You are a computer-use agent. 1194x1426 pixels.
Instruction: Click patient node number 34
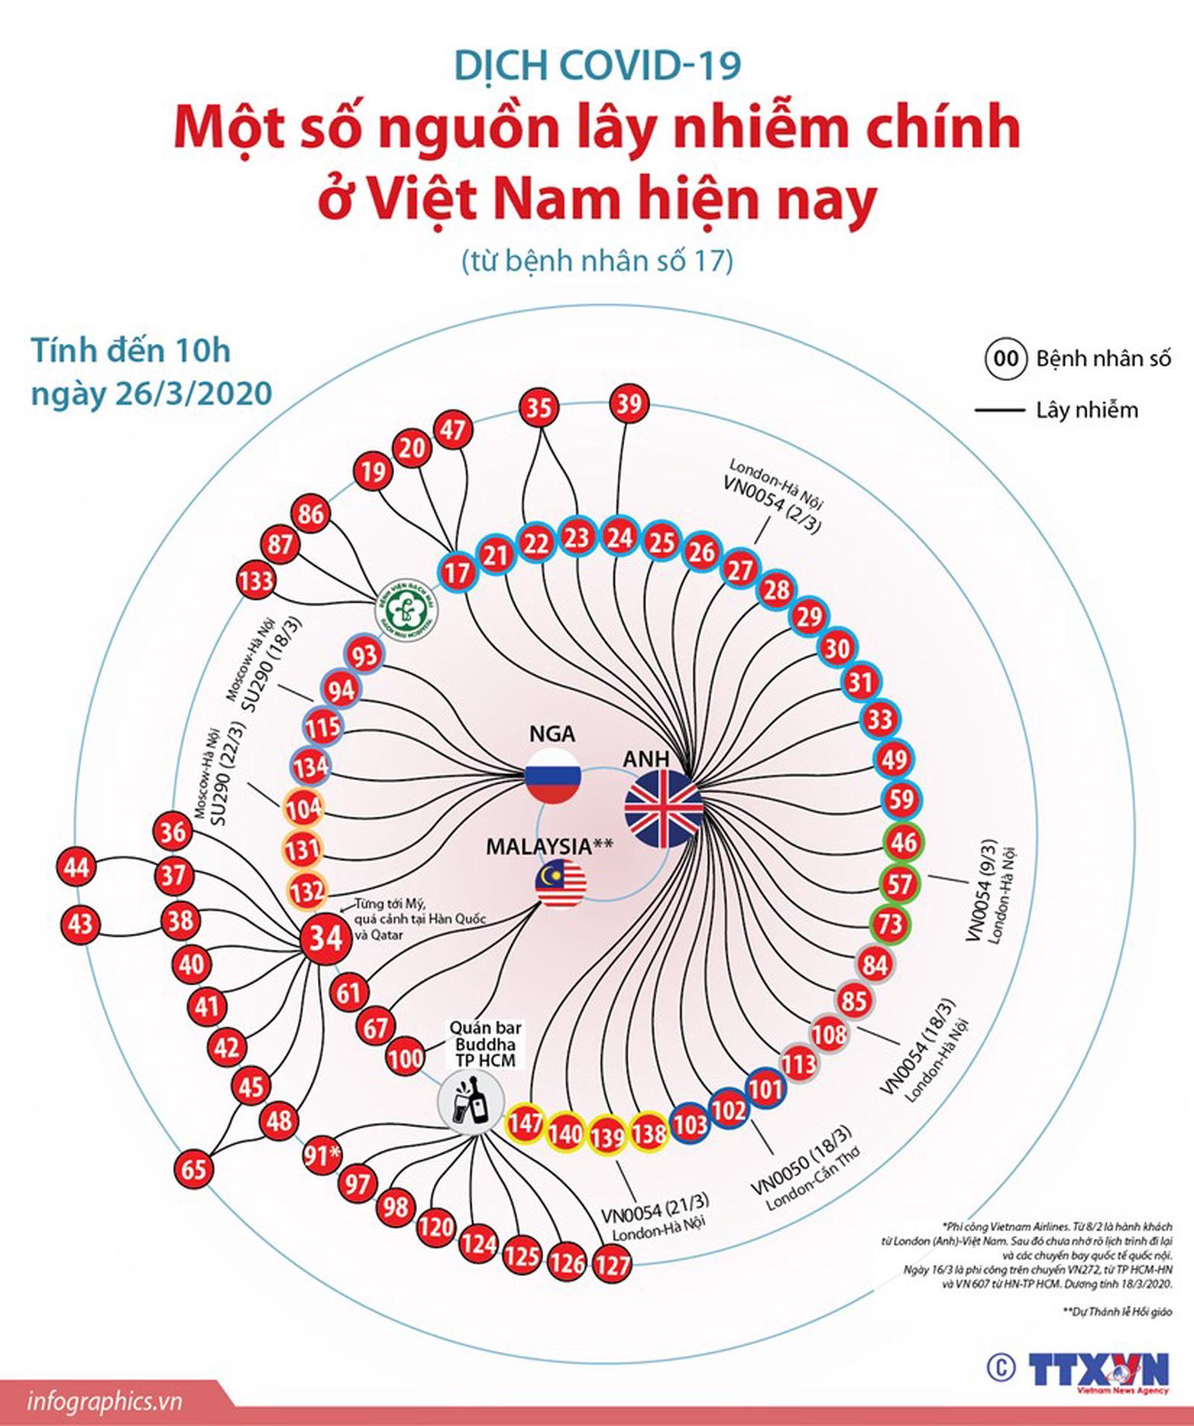coord(325,937)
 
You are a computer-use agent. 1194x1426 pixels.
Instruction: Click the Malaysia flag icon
coord(560,884)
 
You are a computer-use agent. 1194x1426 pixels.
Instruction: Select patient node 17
coord(457,572)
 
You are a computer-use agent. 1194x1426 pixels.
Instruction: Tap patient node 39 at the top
coord(629,404)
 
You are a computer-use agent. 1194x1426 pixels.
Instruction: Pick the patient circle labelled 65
coord(193,1168)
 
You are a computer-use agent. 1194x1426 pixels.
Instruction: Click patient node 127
coord(612,1265)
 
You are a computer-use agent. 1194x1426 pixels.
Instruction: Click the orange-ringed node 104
coord(304,808)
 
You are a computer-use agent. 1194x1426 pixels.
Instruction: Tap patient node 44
coord(77,867)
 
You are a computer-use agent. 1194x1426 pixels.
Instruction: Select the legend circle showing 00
coord(1005,359)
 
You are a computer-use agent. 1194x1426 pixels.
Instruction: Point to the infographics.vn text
coord(104,1401)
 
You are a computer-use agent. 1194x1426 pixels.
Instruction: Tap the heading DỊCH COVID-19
coord(598,66)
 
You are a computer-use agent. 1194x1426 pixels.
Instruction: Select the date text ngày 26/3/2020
coord(151,393)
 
